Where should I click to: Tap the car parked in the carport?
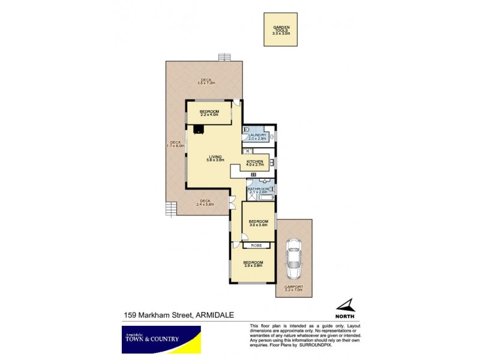(294, 259)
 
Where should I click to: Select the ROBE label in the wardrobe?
(256, 245)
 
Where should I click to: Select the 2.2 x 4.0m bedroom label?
(209, 113)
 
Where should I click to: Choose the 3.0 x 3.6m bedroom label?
(258, 223)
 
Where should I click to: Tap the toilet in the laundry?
(247, 130)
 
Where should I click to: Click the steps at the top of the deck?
(226, 58)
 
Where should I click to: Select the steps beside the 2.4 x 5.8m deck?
(172, 209)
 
